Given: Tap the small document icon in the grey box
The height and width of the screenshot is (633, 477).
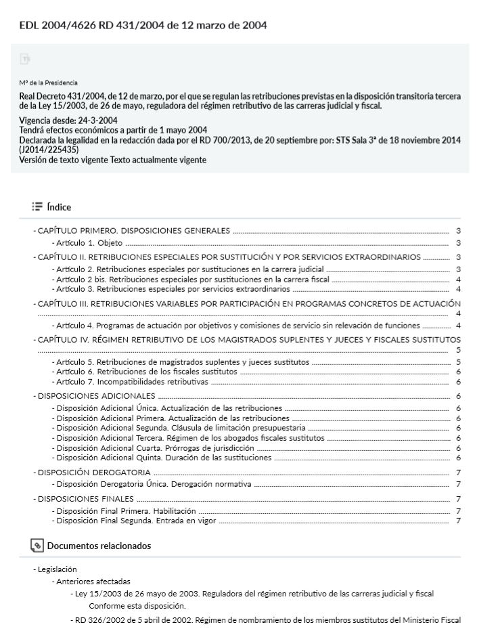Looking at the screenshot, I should (26, 60).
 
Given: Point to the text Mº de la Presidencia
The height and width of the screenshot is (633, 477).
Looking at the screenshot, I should (48, 83).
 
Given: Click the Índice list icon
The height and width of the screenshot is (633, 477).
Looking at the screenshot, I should (37, 207).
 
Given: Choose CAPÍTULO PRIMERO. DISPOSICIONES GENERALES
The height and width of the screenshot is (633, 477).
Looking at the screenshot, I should (134, 231).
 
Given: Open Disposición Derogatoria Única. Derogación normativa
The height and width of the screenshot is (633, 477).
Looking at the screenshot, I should (154, 484).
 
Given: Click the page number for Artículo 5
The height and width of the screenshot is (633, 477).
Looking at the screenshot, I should (458, 362).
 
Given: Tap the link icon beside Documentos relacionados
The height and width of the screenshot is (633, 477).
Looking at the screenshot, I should (37, 546).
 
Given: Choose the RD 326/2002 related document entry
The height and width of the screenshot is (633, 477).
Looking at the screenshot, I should (267, 620).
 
